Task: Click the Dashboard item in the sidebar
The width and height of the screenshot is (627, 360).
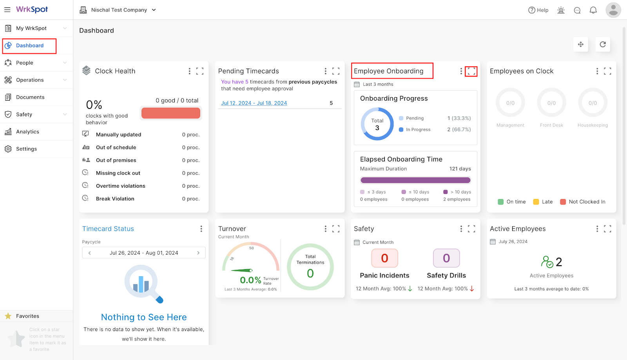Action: [29, 45]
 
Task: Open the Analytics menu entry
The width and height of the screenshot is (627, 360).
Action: [27, 132]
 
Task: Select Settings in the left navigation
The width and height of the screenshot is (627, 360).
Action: [26, 149]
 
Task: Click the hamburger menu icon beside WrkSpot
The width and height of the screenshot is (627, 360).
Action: [7, 9]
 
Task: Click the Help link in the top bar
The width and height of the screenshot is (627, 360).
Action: [538, 10]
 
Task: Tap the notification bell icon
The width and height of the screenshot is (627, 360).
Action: [593, 10]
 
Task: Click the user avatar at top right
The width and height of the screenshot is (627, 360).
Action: [613, 10]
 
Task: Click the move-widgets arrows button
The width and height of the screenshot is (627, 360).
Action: [580, 44]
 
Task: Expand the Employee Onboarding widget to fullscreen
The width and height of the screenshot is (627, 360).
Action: [471, 71]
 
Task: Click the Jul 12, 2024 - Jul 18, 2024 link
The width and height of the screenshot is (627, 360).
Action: [254, 103]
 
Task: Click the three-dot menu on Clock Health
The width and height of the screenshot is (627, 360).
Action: [190, 71]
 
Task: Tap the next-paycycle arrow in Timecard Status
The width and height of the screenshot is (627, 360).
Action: [198, 253]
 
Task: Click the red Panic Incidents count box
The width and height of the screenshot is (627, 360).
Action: [384, 258]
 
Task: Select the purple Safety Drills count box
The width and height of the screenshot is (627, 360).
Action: [446, 258]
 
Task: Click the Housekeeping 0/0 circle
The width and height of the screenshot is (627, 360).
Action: [593, 103]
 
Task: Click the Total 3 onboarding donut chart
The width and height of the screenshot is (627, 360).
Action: [377, 124]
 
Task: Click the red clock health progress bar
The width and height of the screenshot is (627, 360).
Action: [171, 113]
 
